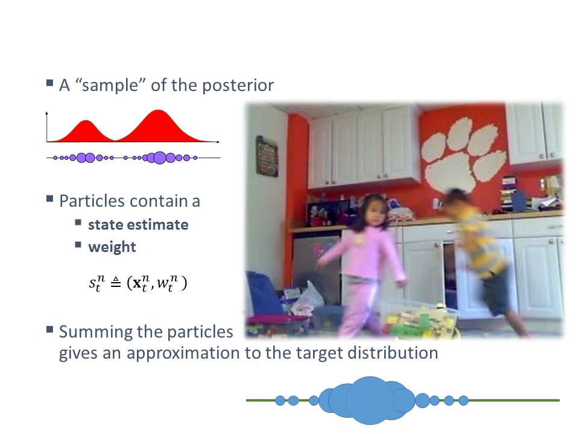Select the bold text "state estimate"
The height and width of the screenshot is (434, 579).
[138, 225]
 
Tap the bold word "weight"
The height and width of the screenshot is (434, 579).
[112, 247]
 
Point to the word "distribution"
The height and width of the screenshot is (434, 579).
[393, 353]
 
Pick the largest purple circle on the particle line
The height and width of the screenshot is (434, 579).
[159, 157]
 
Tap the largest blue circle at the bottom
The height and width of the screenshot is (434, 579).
[370, 400]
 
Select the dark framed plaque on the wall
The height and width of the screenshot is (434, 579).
[267, 156]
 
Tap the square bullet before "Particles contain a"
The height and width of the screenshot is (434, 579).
[50, 199]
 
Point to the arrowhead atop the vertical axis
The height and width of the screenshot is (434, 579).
[46, 113]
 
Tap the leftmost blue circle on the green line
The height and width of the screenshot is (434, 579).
[280, 400]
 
